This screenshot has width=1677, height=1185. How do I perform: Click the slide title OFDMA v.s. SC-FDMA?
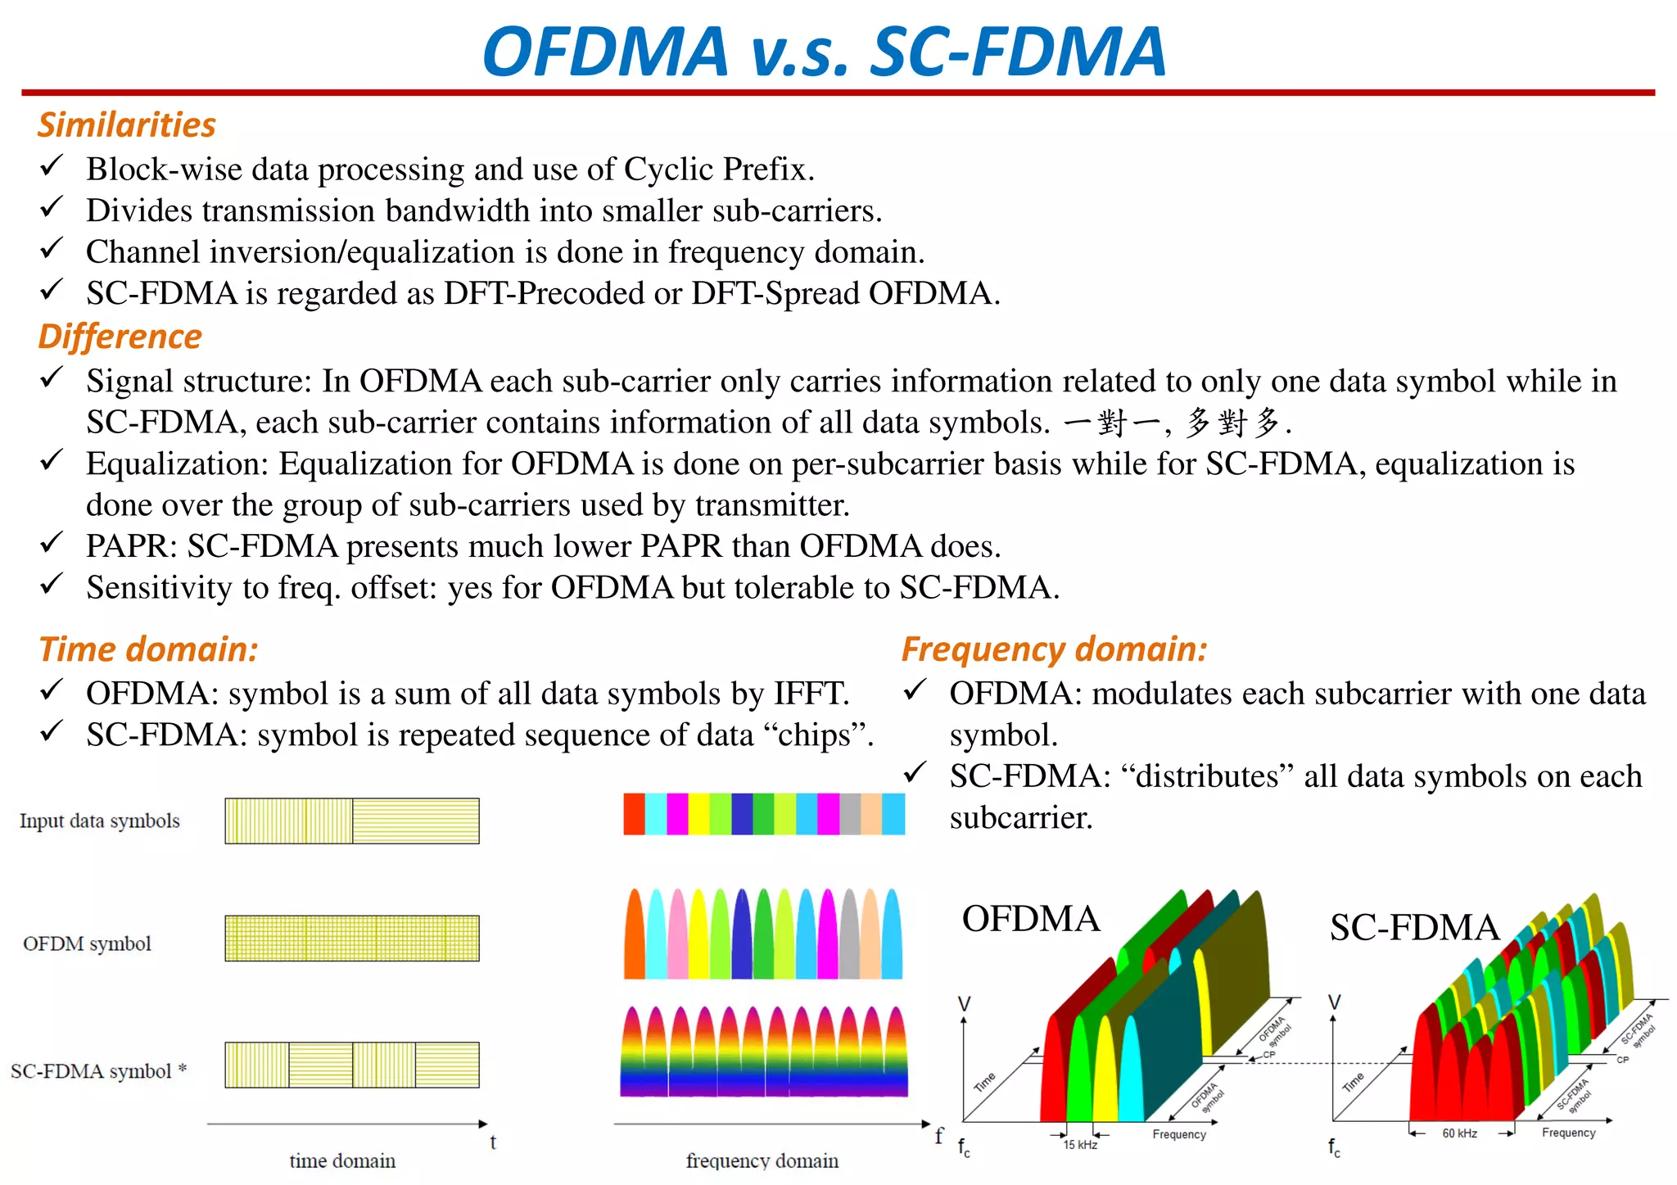824,52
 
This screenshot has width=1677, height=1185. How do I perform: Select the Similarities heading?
127,125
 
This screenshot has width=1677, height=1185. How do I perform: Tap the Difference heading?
120,337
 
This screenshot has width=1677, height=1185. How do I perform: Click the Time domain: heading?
148,649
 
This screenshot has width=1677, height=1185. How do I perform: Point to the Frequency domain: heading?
1054,649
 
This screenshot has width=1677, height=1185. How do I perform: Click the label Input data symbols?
100,821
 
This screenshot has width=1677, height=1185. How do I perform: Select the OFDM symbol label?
87,944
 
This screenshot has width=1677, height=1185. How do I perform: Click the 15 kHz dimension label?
1080,1145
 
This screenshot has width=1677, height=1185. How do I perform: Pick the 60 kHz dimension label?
1459,1133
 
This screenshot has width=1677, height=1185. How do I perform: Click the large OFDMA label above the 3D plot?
1030,919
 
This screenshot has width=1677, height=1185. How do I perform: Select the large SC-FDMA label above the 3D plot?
1414,928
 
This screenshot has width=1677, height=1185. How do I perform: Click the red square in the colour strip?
634,814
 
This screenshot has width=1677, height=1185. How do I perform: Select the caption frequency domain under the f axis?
762,1160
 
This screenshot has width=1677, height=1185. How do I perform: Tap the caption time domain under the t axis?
342,1160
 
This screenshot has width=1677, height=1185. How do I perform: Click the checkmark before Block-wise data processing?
52,167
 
